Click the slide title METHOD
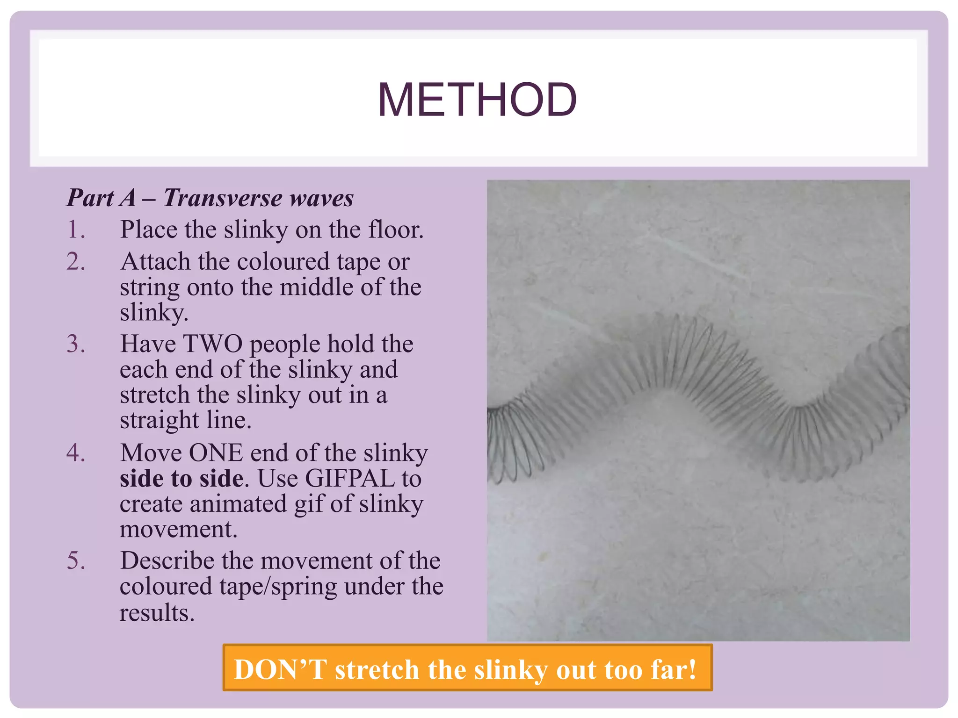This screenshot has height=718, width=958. click(x=477, y=100)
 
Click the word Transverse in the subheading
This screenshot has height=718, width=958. click(x=222, y=198)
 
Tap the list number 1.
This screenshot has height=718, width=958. click(x=76, y=230)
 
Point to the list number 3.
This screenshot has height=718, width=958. click(x=76, y=344)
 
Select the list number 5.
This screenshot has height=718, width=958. click(x=76, y=561)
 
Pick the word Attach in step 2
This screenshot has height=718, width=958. click(x=155, y=262)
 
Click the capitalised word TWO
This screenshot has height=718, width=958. click(x=212, y=344)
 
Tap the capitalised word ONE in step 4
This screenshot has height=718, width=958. click(x=216, y=453)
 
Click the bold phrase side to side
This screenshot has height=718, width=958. click(x=181, y=479)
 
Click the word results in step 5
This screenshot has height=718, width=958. click(x=156, y=613)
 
